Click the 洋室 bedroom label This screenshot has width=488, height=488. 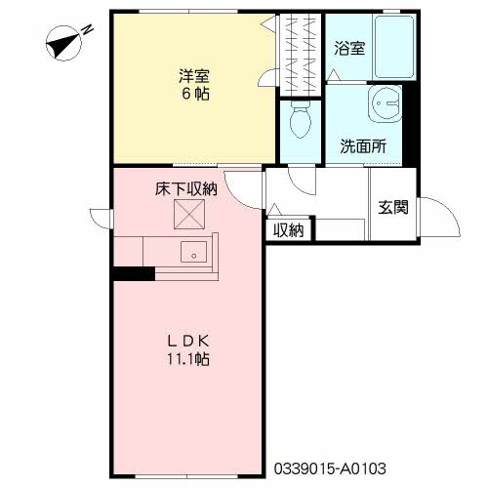pyautogui.click(x=194, y=76)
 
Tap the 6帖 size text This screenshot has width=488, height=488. pyautogui.click(x=195, y=94)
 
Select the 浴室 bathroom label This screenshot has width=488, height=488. pyautogui.click(x=349, y=48)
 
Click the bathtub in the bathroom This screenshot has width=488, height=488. pyautogui.click(x=394, y=47)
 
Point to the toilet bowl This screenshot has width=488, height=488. pyautogui.click(x=300, y=119)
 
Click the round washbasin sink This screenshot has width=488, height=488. pyautogui.click(x=385, y=103)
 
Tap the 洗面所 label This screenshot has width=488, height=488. pyautogui.click(x=363, y=146)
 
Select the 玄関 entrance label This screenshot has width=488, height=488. pyautogui.click(x=393, y=207)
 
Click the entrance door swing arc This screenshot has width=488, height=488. pyautogui.click(x=452, y=208)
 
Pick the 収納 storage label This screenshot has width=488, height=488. pyautogui.click(x=289, y=230)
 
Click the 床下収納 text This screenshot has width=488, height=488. pyautogui.click(x=186, y=188)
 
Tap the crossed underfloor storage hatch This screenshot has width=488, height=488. pyautogui.click(x=189, y=214)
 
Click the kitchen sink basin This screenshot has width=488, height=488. pyautogui.click(x=193, y=252)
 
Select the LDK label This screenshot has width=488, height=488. pyautogui.click(x=188, y=341)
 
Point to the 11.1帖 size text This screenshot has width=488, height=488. pyautogui.click(x=188, y=359)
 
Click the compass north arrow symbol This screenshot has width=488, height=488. pyautogui.click(x=63, y=43)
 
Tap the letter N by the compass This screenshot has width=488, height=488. pyautogui.click(x=87, y=30)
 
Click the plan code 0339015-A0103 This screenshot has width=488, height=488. pyautogui.click(x=330, y=468)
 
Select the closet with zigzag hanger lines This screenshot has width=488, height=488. pyautogui.click(x=301, y=55)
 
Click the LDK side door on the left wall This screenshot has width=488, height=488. pyautogui.click(x=102, y=219)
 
